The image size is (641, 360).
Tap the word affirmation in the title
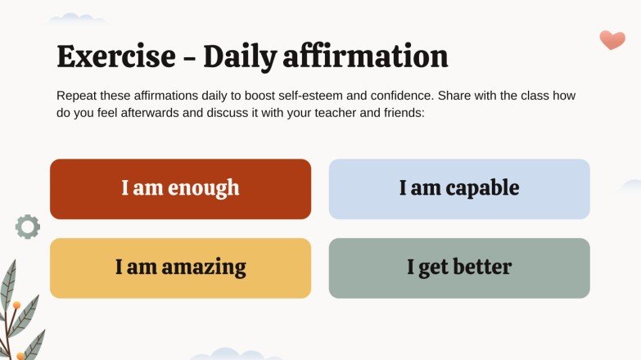tap(370, 56)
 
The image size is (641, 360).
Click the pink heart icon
tap(612, 39)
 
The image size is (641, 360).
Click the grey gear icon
tap(28, 227)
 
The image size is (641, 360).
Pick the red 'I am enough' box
tap(180, 189)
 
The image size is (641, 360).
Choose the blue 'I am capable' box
tap(459, 189)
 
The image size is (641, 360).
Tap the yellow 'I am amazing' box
tap(180, 268)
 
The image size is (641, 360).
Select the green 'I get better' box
tap(459, 268)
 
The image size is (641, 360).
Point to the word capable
tap(483, 188)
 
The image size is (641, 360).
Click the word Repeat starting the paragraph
tap(77, 96)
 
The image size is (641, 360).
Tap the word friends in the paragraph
tap(403, 112)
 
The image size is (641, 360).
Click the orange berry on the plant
tap(16, 305)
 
